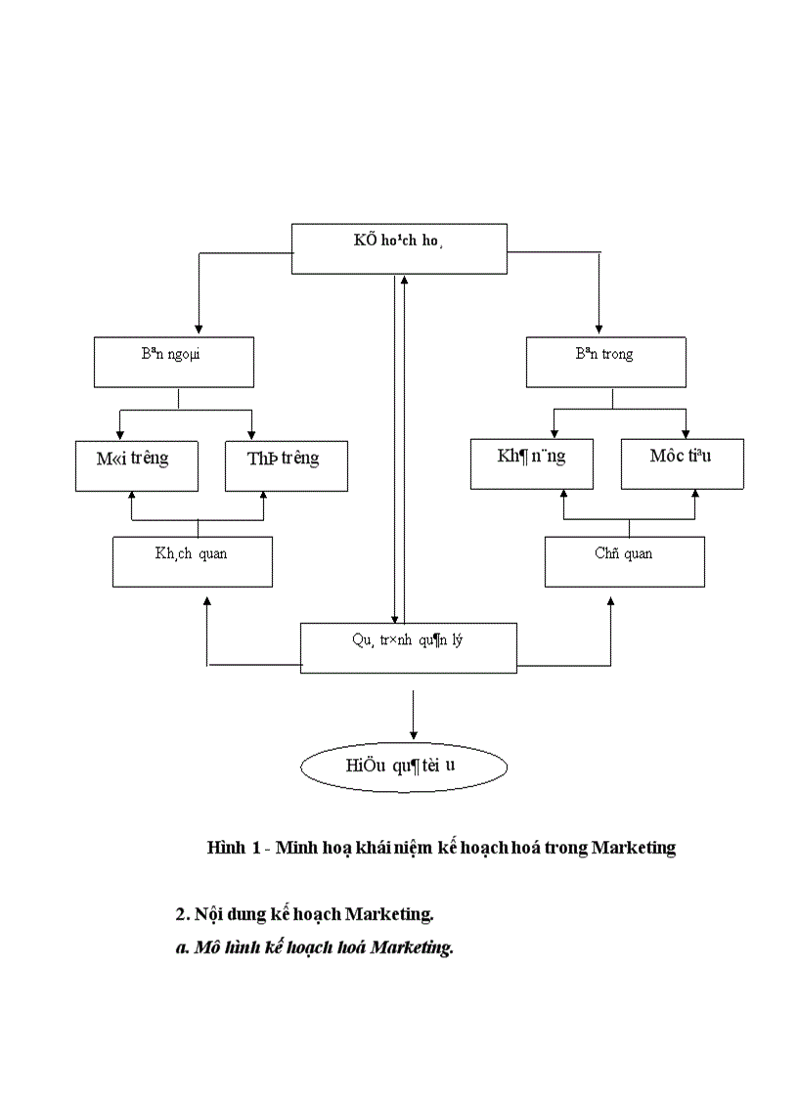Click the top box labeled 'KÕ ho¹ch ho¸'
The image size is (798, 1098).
click(x=399, y=248)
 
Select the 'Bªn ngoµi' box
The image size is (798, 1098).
click(x=173, y=362)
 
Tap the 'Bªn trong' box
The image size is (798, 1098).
click(x=605, y=362)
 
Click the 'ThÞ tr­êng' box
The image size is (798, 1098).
click(x=286, y=465)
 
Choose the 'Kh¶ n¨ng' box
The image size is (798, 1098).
click(x=531, y=463)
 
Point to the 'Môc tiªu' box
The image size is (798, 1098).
click(x=682, y=463)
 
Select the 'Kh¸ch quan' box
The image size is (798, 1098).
click(x=192, y=561)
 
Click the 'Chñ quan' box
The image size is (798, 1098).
click(x=624, y=561)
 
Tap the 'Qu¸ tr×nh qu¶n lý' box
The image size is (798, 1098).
click(x=408, y=648)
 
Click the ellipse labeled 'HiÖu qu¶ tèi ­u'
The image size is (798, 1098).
click(x=403, y=766)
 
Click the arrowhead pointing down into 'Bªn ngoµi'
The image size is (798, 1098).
click(x=199, y=329)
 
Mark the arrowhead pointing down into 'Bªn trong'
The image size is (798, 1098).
click(x=598, y=329)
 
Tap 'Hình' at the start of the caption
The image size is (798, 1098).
click(x=226, y=848)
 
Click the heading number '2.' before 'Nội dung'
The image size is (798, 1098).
click(x=182, y=914)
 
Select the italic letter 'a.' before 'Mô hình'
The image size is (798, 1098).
click(x=182, y=947)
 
